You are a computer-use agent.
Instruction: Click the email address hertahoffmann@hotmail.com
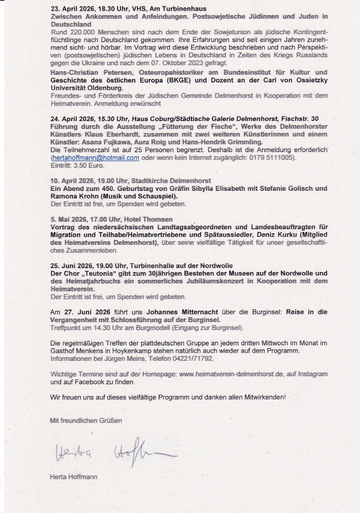coord(95,158)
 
